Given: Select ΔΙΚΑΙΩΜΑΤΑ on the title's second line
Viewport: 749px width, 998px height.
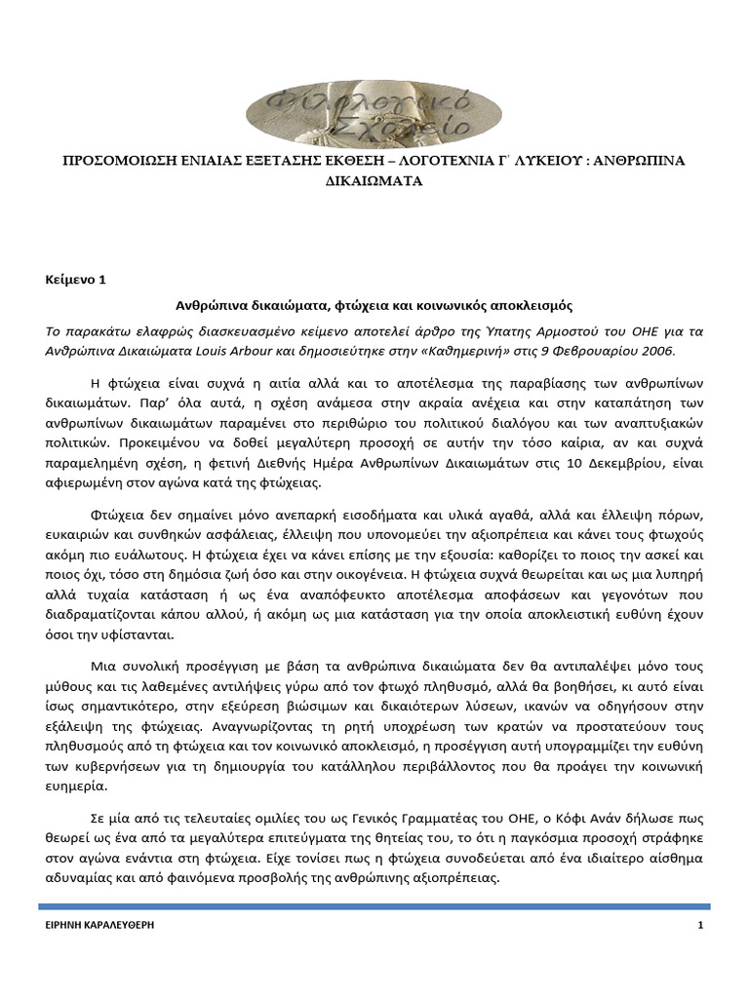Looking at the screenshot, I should [374, 181].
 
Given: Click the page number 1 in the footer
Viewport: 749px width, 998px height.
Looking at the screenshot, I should [700, 925].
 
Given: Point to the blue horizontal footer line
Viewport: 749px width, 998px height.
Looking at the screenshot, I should [374, 907].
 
